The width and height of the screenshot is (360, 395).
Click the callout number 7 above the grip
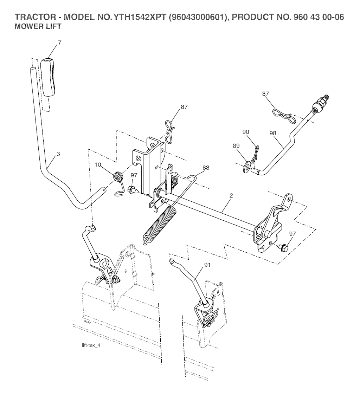coord(59,43)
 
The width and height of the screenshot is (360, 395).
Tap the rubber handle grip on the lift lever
coord(48,77)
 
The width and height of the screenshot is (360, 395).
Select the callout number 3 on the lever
coord(58,154)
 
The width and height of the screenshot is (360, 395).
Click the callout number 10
coord(98,165)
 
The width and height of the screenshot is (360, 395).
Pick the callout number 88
coord(206,168)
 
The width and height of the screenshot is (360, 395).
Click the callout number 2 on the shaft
coord(231,195)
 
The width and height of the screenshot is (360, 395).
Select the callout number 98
coord(273,134)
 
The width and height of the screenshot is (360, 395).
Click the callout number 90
coord(245,132)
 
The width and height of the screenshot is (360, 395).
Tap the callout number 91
coord(207,265)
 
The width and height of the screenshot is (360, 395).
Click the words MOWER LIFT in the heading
coord(38,26)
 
